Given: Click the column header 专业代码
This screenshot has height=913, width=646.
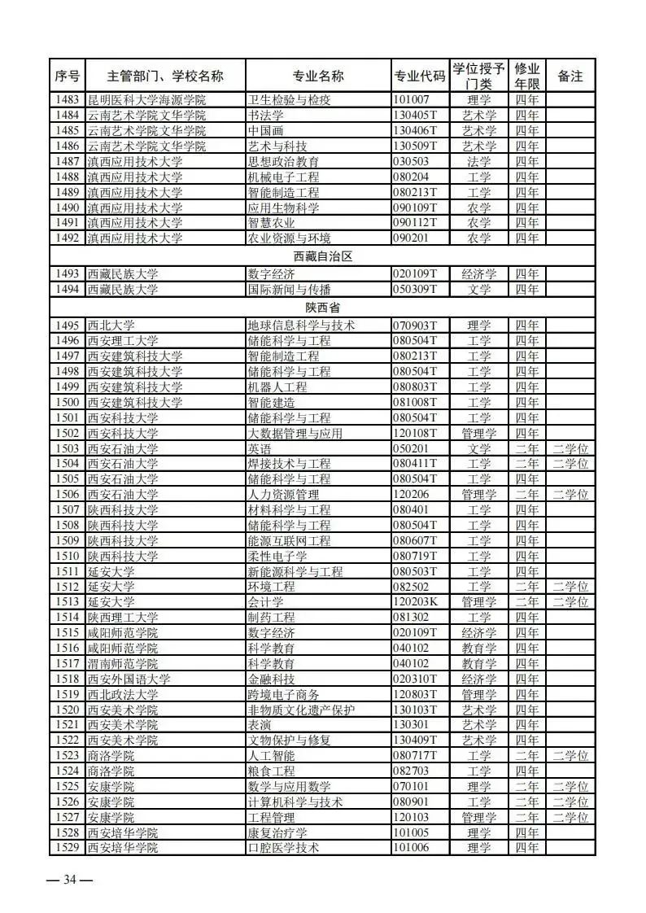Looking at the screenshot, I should pos(419,76).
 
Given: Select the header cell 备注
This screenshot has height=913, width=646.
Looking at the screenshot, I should pos(570,76).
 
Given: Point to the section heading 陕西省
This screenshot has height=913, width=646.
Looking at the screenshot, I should pos(322,309).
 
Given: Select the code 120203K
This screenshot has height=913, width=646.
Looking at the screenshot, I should pos(416,602).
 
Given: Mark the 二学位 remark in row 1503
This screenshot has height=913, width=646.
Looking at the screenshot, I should pos(570,448).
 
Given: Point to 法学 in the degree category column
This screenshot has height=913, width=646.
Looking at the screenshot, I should pos(479,161).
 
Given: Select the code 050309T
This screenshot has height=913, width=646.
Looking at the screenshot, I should pos(415,289).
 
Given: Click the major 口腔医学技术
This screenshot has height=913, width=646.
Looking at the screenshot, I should pos(282,848).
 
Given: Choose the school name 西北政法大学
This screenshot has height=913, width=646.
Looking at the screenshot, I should pos(123,694).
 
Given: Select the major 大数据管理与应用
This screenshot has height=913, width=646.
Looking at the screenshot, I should pos(295,433).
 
